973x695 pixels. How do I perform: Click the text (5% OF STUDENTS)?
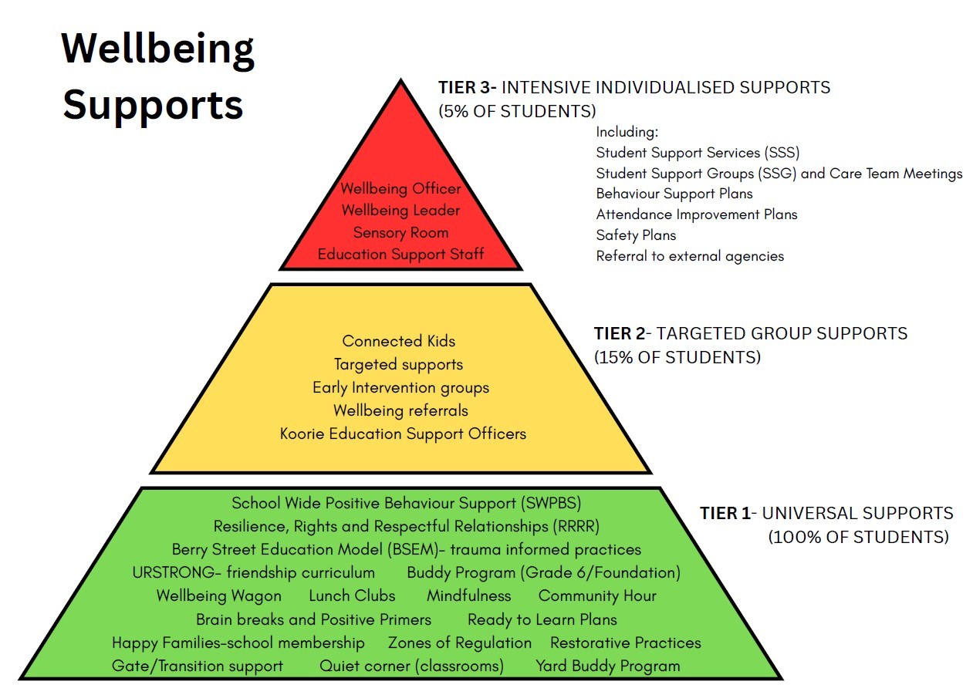(x=517, y=111)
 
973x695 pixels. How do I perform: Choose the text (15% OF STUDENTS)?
(x=677, y=358)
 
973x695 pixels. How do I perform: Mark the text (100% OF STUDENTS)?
(x=858, y=537)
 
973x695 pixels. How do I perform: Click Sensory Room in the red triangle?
(x=400, y=232)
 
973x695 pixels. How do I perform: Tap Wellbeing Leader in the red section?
(x=400, y=211)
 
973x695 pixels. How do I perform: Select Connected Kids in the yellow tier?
(x=399, y=341)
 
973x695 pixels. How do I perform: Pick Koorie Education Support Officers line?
(x=403, y=434)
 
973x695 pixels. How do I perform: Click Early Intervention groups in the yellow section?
(x=400, y=387)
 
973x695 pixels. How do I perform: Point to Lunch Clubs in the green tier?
(x=352, y=596)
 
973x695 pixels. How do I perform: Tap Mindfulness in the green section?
(x=468, y=596)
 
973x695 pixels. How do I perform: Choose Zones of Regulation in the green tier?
(x=460, y=643)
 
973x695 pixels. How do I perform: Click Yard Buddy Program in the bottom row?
(x=608, y=666)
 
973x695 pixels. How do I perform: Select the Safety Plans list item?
(x=636, y=235)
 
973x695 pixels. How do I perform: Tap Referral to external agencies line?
(x=690, y=256)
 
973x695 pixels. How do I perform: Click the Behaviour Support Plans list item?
(x=674, y=194)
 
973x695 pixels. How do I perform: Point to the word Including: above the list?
(x=627, y=132)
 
